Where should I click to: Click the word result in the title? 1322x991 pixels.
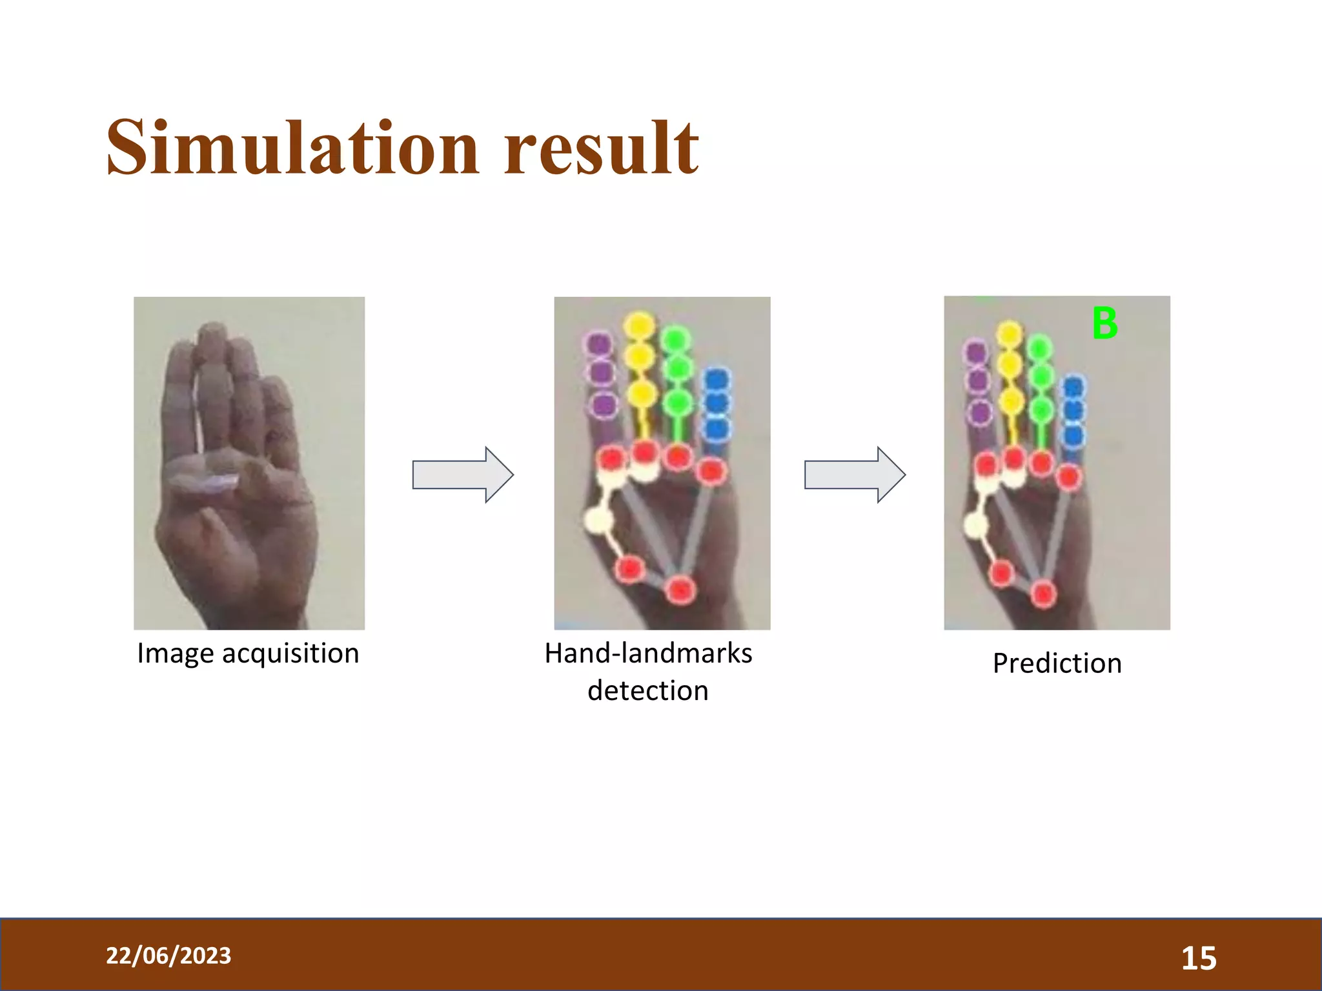[600, 148]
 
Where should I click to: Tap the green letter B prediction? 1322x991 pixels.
[1104, 323]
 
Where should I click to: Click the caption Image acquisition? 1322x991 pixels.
[248, 654]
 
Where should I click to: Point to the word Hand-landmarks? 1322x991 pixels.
[648, 654]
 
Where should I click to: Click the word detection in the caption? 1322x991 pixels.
[648, 691]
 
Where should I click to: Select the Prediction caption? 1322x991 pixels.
[1057, 663]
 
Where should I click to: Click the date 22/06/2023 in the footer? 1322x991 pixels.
[168, 956]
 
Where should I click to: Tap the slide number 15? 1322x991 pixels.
[1199, 958]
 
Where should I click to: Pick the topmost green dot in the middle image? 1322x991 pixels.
[676, 339]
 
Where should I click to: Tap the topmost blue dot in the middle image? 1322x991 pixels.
[716, 378]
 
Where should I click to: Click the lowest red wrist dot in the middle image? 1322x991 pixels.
[680, 589]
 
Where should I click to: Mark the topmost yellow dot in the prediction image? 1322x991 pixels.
[1009, 334]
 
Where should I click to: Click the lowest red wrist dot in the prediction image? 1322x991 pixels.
[1043, 593]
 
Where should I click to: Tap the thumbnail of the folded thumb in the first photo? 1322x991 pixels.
[219, 482]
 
